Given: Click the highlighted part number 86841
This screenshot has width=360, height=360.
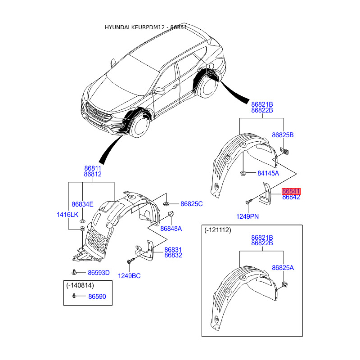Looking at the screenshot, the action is pyautogui.click(x=291, y=191).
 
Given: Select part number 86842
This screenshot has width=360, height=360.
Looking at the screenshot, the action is pyautogui.click(x=291, y=197).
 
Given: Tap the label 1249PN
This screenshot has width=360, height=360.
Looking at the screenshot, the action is pyautogui.click(x=247, y=216).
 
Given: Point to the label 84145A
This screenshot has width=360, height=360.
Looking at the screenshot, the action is pyautogui.click(x=268, y=173).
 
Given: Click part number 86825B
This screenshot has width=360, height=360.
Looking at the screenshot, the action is pyautogui.click(x=283, y=135).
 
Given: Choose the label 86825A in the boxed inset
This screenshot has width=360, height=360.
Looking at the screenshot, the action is pyautogui.click(x=283, y=268).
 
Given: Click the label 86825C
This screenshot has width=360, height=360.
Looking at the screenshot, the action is pyautogui.click(x=192, y=204).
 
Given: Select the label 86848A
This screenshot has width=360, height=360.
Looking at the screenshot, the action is pyautogui.click(x=171, y=229).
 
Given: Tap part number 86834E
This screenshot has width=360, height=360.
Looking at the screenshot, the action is pyautogui.click(x=82, y=204).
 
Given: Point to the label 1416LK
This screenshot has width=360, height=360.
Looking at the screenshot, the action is pyautogui.click(x=67, y=215).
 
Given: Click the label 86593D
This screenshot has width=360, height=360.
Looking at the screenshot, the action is pyautogui.click(x=99, y=273).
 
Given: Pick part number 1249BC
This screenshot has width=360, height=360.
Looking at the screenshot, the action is pyautogui.click(x=129, y=276).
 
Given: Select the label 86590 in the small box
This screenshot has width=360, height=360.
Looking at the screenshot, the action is pyautogui.click(x=97, y=297).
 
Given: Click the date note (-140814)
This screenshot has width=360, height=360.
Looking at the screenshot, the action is pyautogui.click(x=80, y=285).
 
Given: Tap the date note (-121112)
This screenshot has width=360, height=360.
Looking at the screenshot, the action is pyautogui.click(x=218, y=230).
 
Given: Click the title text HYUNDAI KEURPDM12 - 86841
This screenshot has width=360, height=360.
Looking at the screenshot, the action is pyautogui.click(x=146, y=27).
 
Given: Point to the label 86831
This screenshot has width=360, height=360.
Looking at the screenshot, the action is pyautogui.click(x=173, y=250).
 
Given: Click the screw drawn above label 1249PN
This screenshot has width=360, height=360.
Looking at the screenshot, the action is pyautogui.click(x=249, y=202).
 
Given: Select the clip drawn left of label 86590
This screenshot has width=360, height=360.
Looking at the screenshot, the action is pyautogui.click(x=74, y=296).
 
